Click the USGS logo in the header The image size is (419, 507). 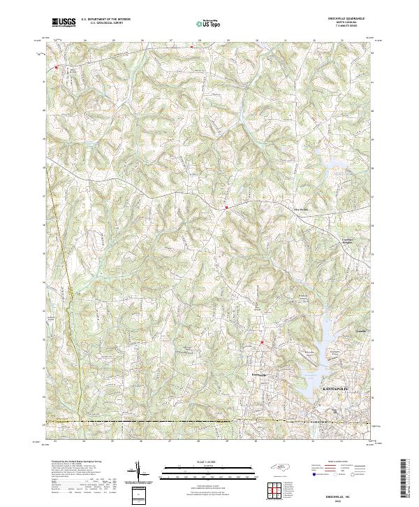(64, 23)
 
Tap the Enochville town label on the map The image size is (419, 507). (260, 375)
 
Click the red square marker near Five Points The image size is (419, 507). (226, 207)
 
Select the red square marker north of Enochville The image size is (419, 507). (262, 342)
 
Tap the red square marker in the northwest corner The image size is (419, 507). (57, 68)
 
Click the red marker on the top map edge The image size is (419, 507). (192, 47)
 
